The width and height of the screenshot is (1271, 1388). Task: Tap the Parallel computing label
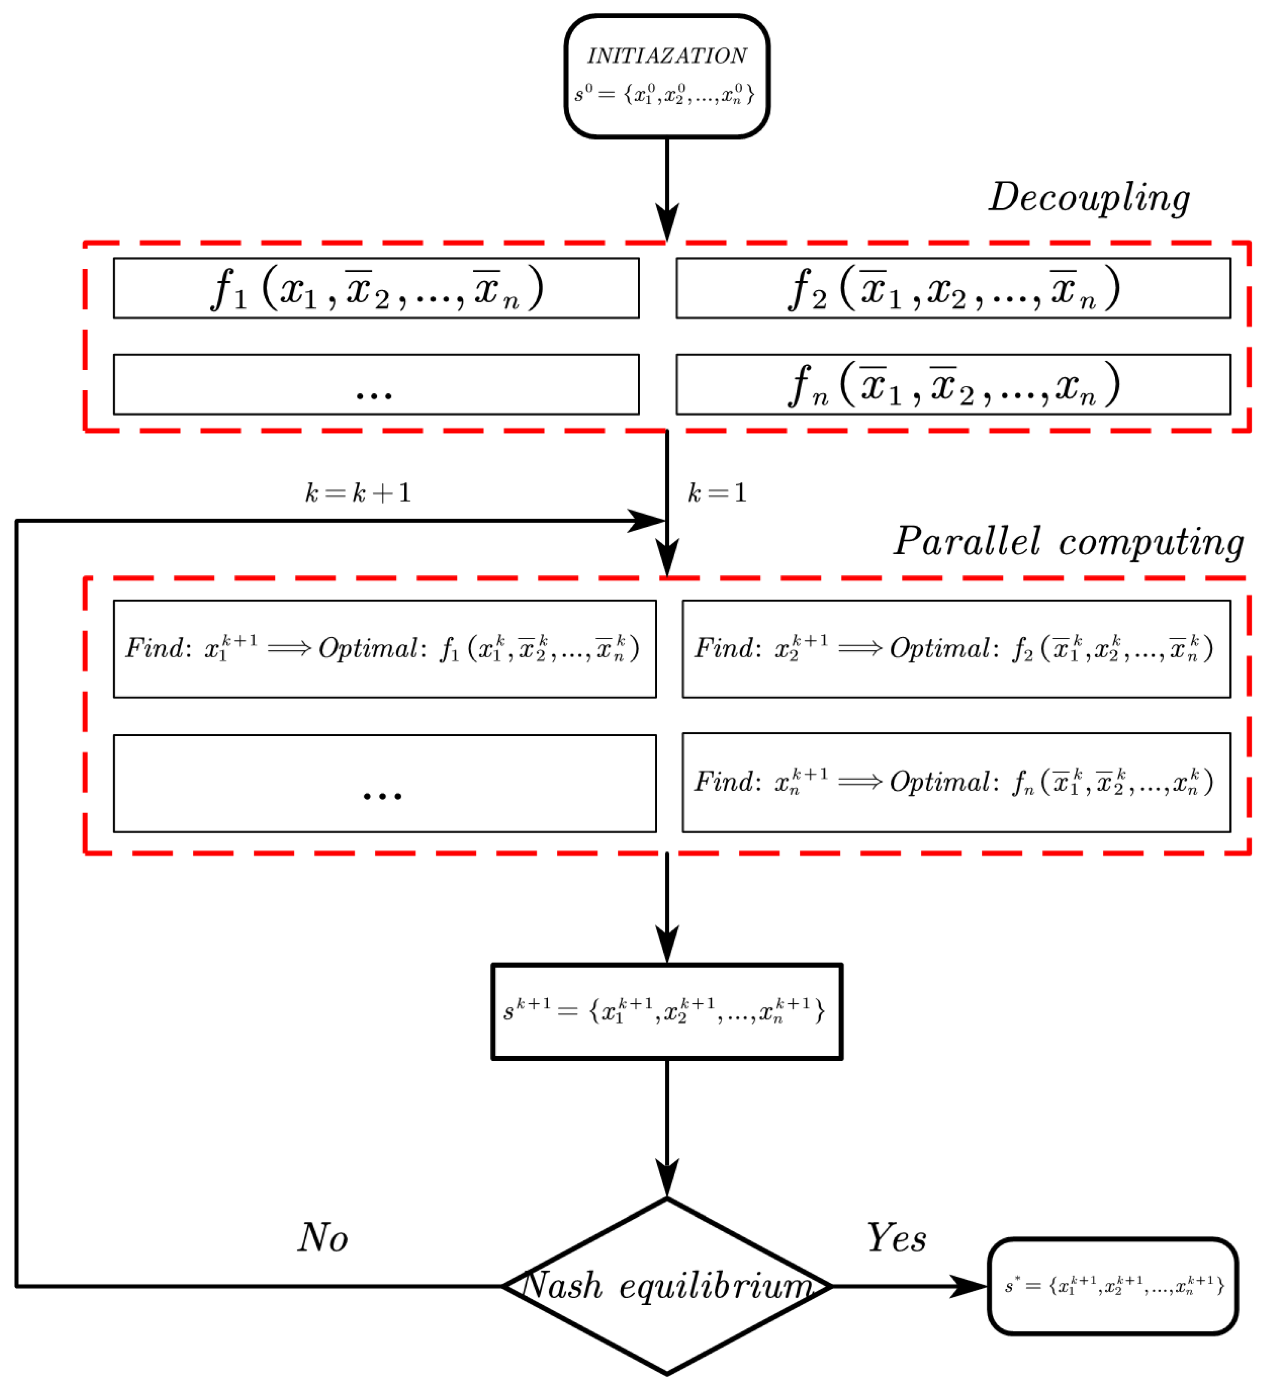pyautogui.click(x=1068, y=542)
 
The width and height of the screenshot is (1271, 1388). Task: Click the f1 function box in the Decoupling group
pyautogui.click(x=376, y=289)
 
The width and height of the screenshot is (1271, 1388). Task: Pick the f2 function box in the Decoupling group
pyautogui.click(x=953, y=289)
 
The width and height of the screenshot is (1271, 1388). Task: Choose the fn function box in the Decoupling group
pyautogui.click(x=953, y=385)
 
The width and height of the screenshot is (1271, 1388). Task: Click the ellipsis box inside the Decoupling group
pyautogui.click(x=376, y=385)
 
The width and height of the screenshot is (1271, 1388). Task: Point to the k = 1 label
pyautogui.click(x=717, y=493)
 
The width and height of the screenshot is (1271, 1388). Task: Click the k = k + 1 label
pyautogui.click(x=358, y=493)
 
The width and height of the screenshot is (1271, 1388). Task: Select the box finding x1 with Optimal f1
pyautogui.click(x=384, y=649)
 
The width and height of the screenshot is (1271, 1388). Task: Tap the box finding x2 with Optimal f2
pyautogui.click(x=956, y=649)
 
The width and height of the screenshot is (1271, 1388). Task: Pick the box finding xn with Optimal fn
pyautogui.click(x=956, y=783)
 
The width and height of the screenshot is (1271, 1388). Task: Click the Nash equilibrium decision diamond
pyautogui.click(x=667, y=1286)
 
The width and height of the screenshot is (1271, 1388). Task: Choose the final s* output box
pyautogui.click(x=1113, y=1286)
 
